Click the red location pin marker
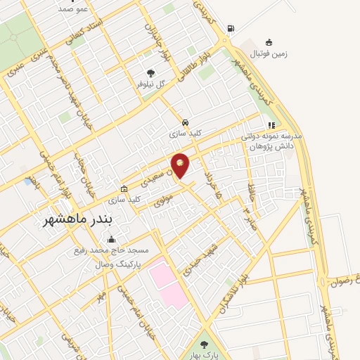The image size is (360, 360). tap(180, 165)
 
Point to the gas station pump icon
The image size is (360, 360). tap(231, 29)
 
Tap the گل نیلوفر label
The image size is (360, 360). tap(151, 84)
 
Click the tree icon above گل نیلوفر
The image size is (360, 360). tap(150, 72)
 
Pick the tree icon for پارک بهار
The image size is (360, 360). tap(204, 345)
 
